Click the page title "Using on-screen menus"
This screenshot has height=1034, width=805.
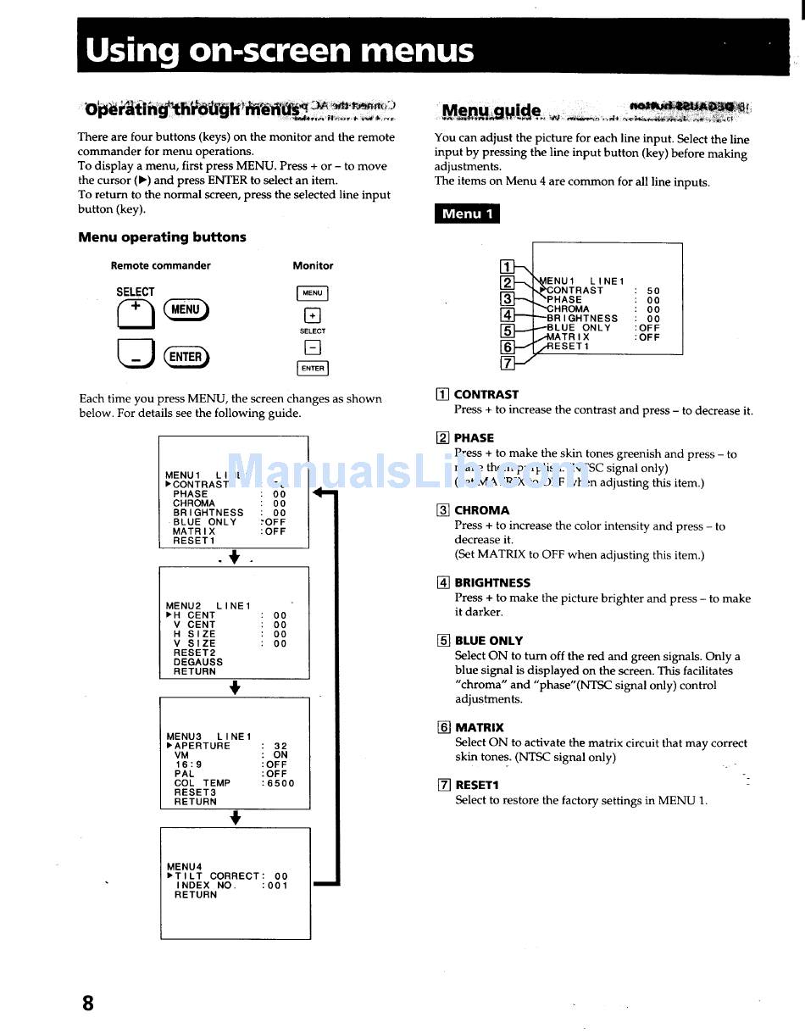279,51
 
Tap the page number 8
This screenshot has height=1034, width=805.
88,1003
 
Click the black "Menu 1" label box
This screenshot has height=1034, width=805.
467,214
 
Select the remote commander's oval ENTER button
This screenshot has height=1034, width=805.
186,357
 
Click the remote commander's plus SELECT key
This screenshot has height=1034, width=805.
136,314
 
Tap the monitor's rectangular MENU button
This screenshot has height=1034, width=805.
312,293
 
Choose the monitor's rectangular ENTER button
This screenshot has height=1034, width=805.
312,368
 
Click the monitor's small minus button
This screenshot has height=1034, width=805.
312,347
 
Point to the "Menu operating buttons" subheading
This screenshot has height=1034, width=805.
162,237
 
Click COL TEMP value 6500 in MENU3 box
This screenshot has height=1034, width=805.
280,783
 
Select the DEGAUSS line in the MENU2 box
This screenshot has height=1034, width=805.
198,662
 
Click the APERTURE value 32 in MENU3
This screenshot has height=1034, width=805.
280,747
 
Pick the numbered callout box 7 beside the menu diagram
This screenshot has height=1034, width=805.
508,363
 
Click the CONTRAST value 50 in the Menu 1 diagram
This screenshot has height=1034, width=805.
652,291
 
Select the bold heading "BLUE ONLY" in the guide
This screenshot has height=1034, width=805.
489,641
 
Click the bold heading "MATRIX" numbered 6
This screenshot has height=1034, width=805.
480,727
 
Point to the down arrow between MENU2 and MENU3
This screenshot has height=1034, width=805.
235,688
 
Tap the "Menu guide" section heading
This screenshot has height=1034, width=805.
491,111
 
